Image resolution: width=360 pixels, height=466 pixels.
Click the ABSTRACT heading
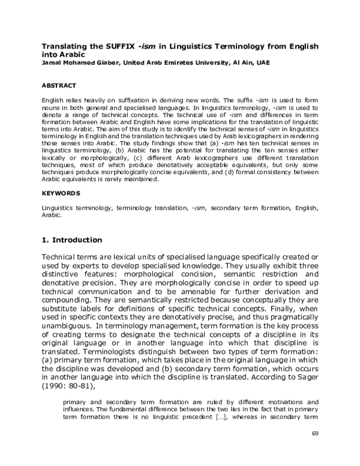pos(61,85)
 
